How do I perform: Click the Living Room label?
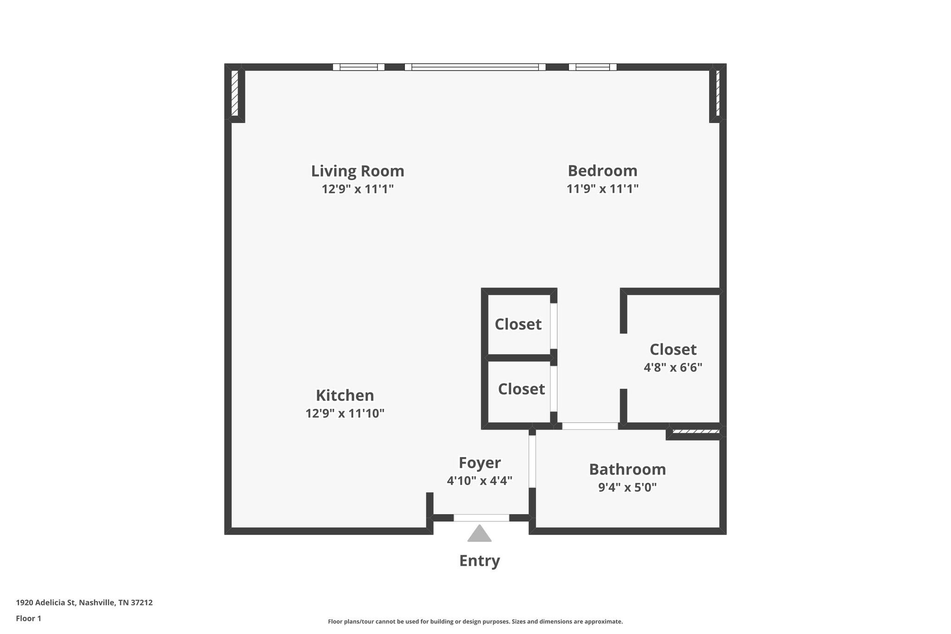point(358,171)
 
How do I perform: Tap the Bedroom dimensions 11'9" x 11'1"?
point(602,189)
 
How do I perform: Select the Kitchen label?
point(345,395)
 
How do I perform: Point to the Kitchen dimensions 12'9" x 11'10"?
point(345,413)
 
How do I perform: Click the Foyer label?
point(480,463)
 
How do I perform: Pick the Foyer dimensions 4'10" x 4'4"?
point(480,480)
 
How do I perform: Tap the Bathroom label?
point(627,469)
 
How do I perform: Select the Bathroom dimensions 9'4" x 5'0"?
point(627,487)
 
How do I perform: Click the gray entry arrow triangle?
point(479,534)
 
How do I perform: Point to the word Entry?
point(480,561)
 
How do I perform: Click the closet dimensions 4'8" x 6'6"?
point(673,367)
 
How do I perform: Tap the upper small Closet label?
point(518,324)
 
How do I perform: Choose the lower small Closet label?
point(521,389)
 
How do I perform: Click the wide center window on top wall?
point(475,67)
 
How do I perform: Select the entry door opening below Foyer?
point(482,518)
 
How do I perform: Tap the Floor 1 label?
point(28,619)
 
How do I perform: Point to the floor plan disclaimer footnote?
point(475,621)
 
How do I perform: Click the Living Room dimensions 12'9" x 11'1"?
point(358,189)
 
